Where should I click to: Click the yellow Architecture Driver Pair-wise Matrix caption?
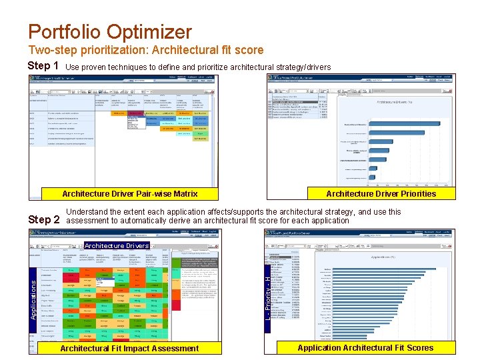129,194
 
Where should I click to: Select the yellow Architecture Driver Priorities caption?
381,194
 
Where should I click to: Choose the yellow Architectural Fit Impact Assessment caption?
129,348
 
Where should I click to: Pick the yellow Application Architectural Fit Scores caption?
365,347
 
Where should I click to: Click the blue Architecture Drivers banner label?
117,245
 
